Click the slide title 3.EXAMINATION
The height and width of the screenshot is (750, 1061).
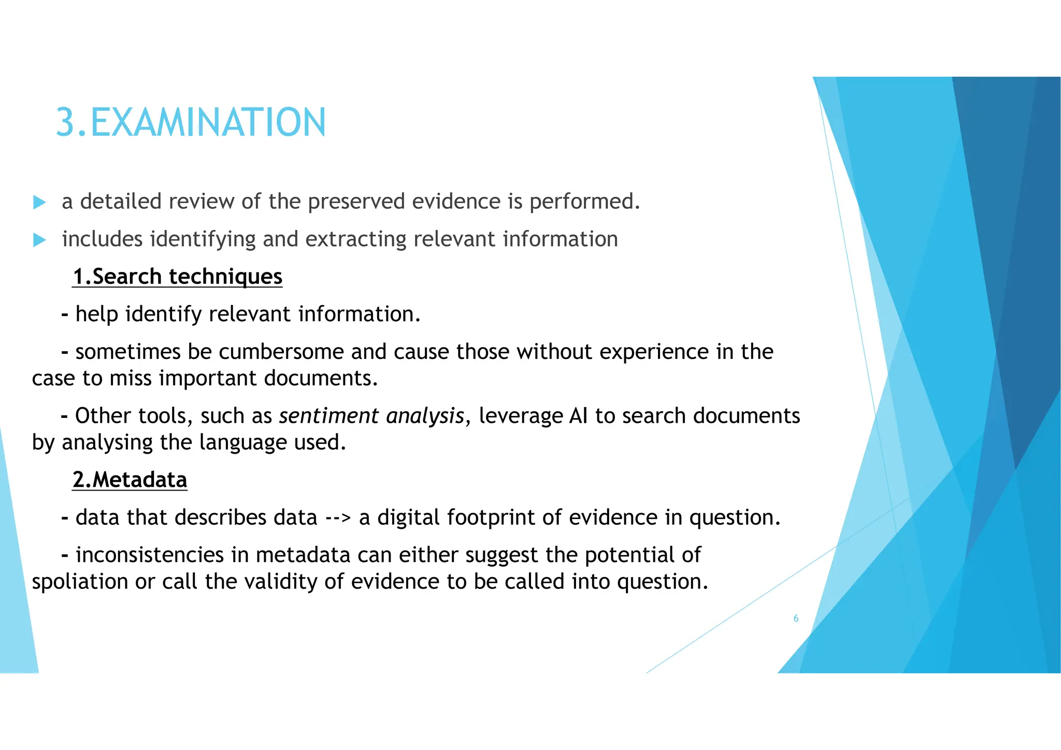pyautogui.click(x=191, y=123)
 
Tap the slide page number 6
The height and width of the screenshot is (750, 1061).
pyautogui.click(x=796, y=618)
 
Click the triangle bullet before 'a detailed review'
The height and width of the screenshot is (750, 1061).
pyautogui.click(x=39, y=202)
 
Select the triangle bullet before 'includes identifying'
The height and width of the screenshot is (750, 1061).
pyautogui.click(x=39, y=240)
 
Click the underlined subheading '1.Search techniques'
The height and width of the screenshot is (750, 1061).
pyautogui.click(x=178, y=277)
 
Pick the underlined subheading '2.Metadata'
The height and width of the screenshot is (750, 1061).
pyautogui.click(x=130, y=480)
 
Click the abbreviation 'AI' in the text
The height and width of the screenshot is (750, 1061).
pyautogui.click(x=578, y=416)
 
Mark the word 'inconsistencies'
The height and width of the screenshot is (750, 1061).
pyautogui.click(x=150, y=555)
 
